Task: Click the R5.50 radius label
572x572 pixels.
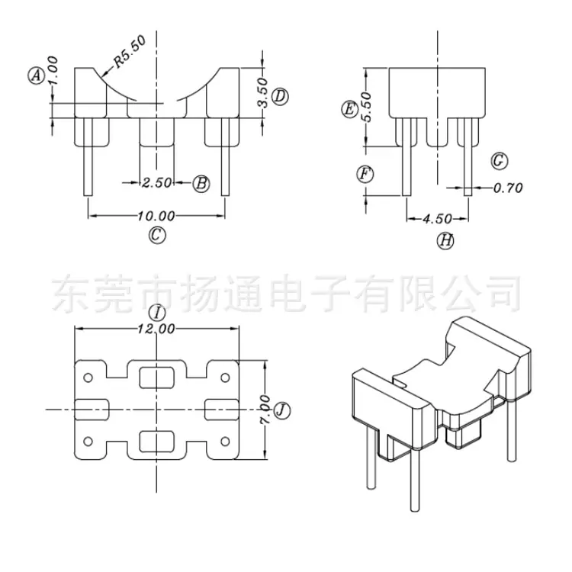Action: pos(130,51)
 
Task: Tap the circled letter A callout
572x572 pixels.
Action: pos(37,76)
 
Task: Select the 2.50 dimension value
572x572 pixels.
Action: pos(157,182)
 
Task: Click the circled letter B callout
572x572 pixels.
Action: pos(201,184)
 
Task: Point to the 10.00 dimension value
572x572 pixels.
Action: pos(156,216)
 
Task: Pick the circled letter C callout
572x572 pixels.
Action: pos(157,235)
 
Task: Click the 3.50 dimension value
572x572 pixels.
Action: pos(262,92)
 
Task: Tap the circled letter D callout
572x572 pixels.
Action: pos(280,97)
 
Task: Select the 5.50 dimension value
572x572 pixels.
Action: pos(366,107)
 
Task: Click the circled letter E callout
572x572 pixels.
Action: pos(350,109)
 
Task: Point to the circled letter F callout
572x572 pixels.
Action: pos(365,174)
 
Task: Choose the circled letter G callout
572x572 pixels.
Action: pos(500,160)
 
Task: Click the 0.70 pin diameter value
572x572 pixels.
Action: pos(508,188)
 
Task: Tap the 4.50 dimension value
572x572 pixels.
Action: pos(438,219)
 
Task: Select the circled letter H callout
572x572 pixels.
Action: pos(446,240)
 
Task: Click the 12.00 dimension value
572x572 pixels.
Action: pos(156,329)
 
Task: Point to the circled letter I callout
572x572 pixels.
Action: pos(157,313)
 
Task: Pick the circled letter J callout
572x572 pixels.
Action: pos(282,411)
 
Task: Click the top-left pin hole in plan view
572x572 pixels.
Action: pos(88,378)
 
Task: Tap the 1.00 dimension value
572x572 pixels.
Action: pos(53,70)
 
